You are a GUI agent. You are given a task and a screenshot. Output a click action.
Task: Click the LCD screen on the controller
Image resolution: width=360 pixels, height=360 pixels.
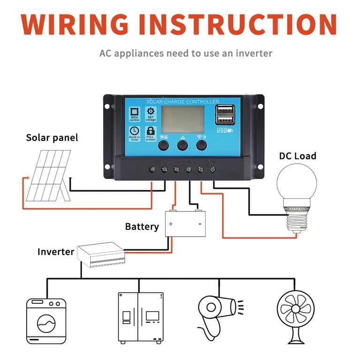click(x=183, y=119)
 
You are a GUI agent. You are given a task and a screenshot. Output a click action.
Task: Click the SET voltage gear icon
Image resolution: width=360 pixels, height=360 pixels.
click(x=150, y=113)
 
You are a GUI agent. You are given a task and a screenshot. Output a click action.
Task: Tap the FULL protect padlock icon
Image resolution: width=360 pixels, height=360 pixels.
click(x=150, y=132)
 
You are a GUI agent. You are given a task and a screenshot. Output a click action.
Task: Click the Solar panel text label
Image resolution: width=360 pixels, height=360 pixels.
click(x=52, y=138)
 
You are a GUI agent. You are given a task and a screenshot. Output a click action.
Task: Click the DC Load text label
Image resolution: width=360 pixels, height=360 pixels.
click(x=298, y=156)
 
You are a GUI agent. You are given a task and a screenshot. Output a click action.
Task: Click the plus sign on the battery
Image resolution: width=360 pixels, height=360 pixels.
click(x=171, y=224)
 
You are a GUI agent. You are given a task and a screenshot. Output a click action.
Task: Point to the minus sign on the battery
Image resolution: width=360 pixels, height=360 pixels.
click(x=200, y=224)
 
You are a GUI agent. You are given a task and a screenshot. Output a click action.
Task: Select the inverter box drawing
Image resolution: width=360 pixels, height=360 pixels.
click(x=100, y=255)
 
